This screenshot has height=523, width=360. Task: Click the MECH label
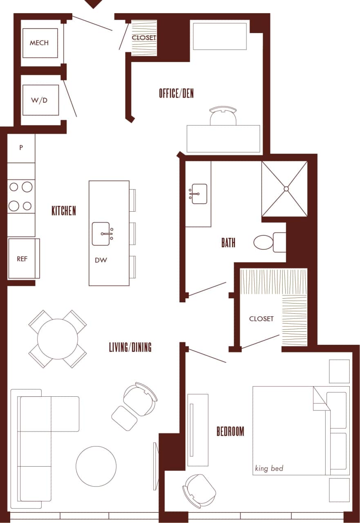[x=40, y=43]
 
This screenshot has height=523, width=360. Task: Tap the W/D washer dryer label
[x=40, y=100]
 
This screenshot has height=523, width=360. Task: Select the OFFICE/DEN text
[x=176, y=94]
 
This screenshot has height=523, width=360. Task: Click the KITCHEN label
[x=64, y=211]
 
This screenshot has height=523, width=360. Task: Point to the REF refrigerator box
[x=22, y=259]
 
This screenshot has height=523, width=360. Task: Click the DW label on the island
[x=101, y=260]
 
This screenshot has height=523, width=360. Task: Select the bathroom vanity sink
[x=199, y=193]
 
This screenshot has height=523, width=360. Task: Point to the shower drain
[x=286, y=189]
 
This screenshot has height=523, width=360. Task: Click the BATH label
[x=228, y=243]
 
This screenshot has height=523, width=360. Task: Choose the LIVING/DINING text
[x=130, y=347]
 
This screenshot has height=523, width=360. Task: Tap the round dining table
[x=58, y=339]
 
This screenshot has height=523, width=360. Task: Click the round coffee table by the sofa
[x=96, y=466]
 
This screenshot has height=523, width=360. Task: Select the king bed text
[x=269, y=468]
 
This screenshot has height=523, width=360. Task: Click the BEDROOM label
[x=230, y=431]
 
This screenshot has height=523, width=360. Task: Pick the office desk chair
[x=223, y=116]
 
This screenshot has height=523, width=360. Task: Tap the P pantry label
[x=21, y=148]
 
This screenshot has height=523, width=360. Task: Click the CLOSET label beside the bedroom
[x=261, y=319]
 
